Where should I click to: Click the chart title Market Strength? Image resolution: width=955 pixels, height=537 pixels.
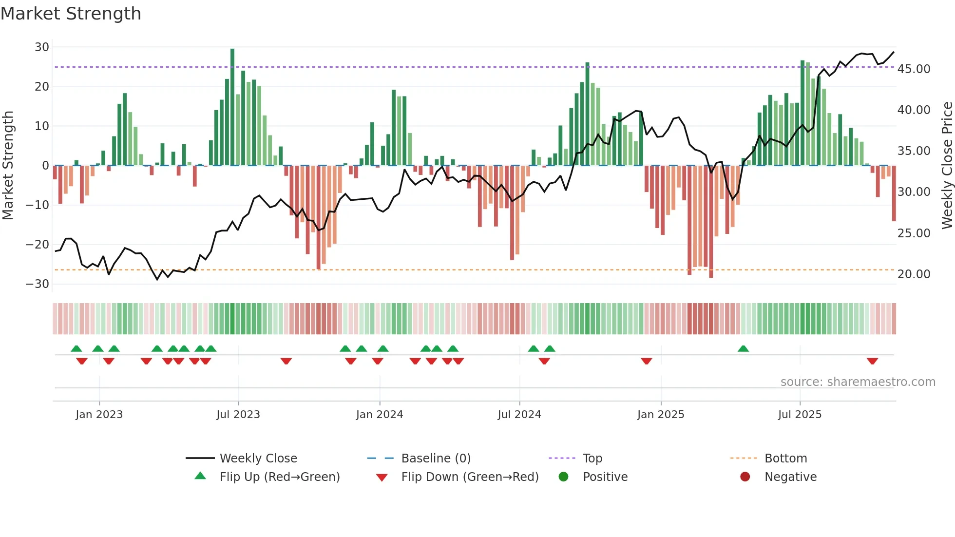pos(71,14)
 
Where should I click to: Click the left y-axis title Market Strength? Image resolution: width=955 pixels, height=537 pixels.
pos(8,165)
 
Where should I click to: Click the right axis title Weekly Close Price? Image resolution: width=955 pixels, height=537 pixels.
pos(947,165)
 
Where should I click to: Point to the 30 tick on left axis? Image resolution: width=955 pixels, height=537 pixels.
pos(42,47)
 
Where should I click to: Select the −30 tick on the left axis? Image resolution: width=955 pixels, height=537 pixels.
pos(38,284)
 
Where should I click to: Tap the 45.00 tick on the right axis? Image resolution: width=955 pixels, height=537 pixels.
pos(914,69)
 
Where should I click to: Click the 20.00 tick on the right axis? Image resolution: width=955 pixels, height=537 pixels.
pos(914,274)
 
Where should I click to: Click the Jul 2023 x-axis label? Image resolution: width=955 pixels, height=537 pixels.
pos(238,415)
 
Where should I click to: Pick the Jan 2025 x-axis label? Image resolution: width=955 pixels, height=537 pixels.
pos(661,415)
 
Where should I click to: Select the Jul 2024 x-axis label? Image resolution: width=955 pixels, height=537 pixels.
pos(519,415)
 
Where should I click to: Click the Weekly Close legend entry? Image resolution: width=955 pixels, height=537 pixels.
pos(258,459)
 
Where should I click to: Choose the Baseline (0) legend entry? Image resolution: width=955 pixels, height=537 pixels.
pos(436,459)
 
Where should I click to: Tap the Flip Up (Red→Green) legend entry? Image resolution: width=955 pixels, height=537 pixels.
pos(279,477)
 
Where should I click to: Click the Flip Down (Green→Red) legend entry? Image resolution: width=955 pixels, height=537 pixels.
pos(470,477)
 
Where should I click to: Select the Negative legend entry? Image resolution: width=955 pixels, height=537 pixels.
pos(790,477)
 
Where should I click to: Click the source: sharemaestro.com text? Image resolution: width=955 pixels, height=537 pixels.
pos(858,382)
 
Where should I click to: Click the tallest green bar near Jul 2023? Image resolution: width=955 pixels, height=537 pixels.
pos(232,107)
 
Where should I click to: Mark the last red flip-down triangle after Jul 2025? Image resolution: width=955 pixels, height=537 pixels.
pos(872,361)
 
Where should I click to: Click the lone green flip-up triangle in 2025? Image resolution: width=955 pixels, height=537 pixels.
pos(743,348)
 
